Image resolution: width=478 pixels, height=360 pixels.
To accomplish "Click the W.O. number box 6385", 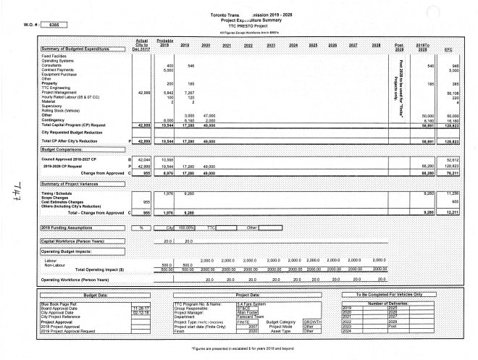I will click(x=53, y=25).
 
